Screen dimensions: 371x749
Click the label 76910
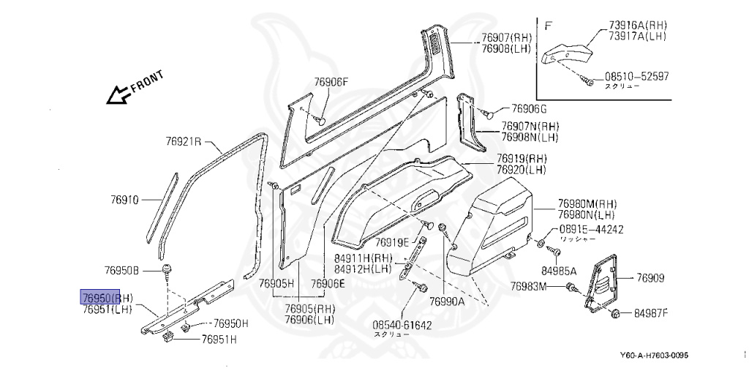[x=125, y=199]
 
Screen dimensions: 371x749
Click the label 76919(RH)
[x=522, y=159]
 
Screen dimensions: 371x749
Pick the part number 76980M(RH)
[x=587, y=203]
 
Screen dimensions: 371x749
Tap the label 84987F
[x=651, y=313]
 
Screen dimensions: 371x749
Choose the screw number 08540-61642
[x=402, y=324]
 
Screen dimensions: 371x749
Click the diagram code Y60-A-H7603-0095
[x=654, y=356]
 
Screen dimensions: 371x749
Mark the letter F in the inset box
[x=548, y=25]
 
